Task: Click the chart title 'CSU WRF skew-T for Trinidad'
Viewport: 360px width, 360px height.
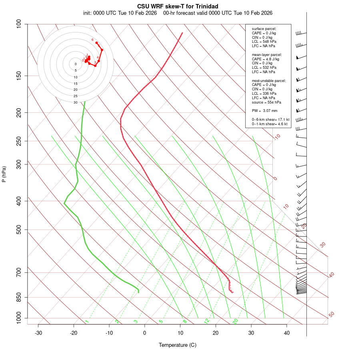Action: pyautogui.click(x=178, y=6)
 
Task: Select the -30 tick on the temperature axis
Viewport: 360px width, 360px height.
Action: pyautogui.click(x=38, y=333)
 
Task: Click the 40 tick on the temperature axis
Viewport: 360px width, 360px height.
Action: pyautogui.click(x=287, y=333)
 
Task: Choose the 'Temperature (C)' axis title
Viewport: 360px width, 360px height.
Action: pyautogui.click(x=178, y=345)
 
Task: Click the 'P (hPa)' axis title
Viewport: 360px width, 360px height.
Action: pyautogui.click(x=4, y=174)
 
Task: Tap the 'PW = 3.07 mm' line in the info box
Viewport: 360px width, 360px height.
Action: pyautogui.click(x=264, y=111)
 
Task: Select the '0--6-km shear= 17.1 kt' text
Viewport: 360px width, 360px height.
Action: pyautogui.click(x=270, y=120)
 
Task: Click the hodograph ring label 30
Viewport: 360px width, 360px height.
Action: pyautogui.click(x=76, y=102)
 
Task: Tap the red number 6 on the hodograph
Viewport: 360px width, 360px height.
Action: pyautogui.click(x=92, y=40)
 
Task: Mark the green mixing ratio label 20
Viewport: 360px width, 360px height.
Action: pyautogui.click(x=236, y=321)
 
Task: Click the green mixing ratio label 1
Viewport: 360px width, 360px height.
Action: pyautogui.click(x=87, y=321)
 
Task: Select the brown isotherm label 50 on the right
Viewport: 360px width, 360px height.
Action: pyautogui.click(x=331, y=315)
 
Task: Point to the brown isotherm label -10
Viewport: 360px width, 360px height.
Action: pyautogui.click(x=277, y=137)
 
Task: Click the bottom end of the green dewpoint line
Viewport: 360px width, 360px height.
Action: pyautogui.click(x=138, y=292)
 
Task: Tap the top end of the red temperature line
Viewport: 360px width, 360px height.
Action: pyautogui.click(x=182, y=33)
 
